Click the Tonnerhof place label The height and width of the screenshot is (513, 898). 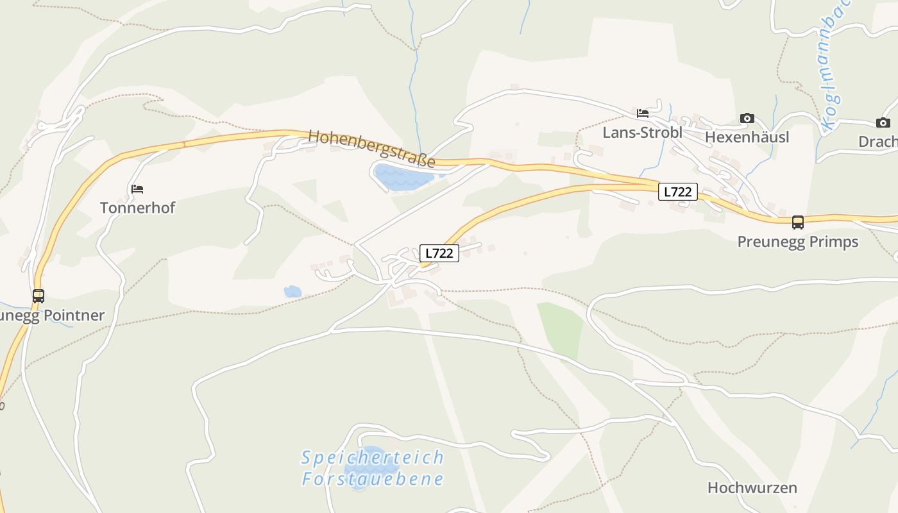pyautogui.click(x=137, y=208)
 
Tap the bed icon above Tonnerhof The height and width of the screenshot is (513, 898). pyautogui.click(x=137, y=189)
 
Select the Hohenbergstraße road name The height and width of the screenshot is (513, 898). pyautogui.click(x=371, y=149)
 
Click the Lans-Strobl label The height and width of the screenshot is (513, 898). pyautogui.click(x=642, y=133)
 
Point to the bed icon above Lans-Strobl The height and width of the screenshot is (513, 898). pyautogui.click(x=643, y=114)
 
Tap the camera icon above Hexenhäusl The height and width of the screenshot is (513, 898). pyautogui.click(x=747, y=118)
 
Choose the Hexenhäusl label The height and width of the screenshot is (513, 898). pyautogui.click(x=747, y=137)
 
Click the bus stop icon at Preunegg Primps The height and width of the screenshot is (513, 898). pyautogui.click(x=797, y=223)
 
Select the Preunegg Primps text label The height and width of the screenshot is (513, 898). pyautogui.click(x=797, y=242)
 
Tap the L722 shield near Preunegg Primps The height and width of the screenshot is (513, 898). pyautogui.click(x=677, y=192)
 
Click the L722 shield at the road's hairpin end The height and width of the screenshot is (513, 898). pyautogui.click(x=439, y=253)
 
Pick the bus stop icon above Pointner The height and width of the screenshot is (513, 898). pyautogui.click(x=38, y=296)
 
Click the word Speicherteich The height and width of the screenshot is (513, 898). pyautogui.click(x=373, y=458)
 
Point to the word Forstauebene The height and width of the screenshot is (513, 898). pyautogui.click(x=373, y=479)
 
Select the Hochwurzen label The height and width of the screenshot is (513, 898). pyautogui.click(x=752, y=488)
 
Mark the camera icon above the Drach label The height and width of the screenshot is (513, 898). pyautogui.click(x=883, y=123)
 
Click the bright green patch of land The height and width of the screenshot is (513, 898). pyautogui.click(x=560, y=329)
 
